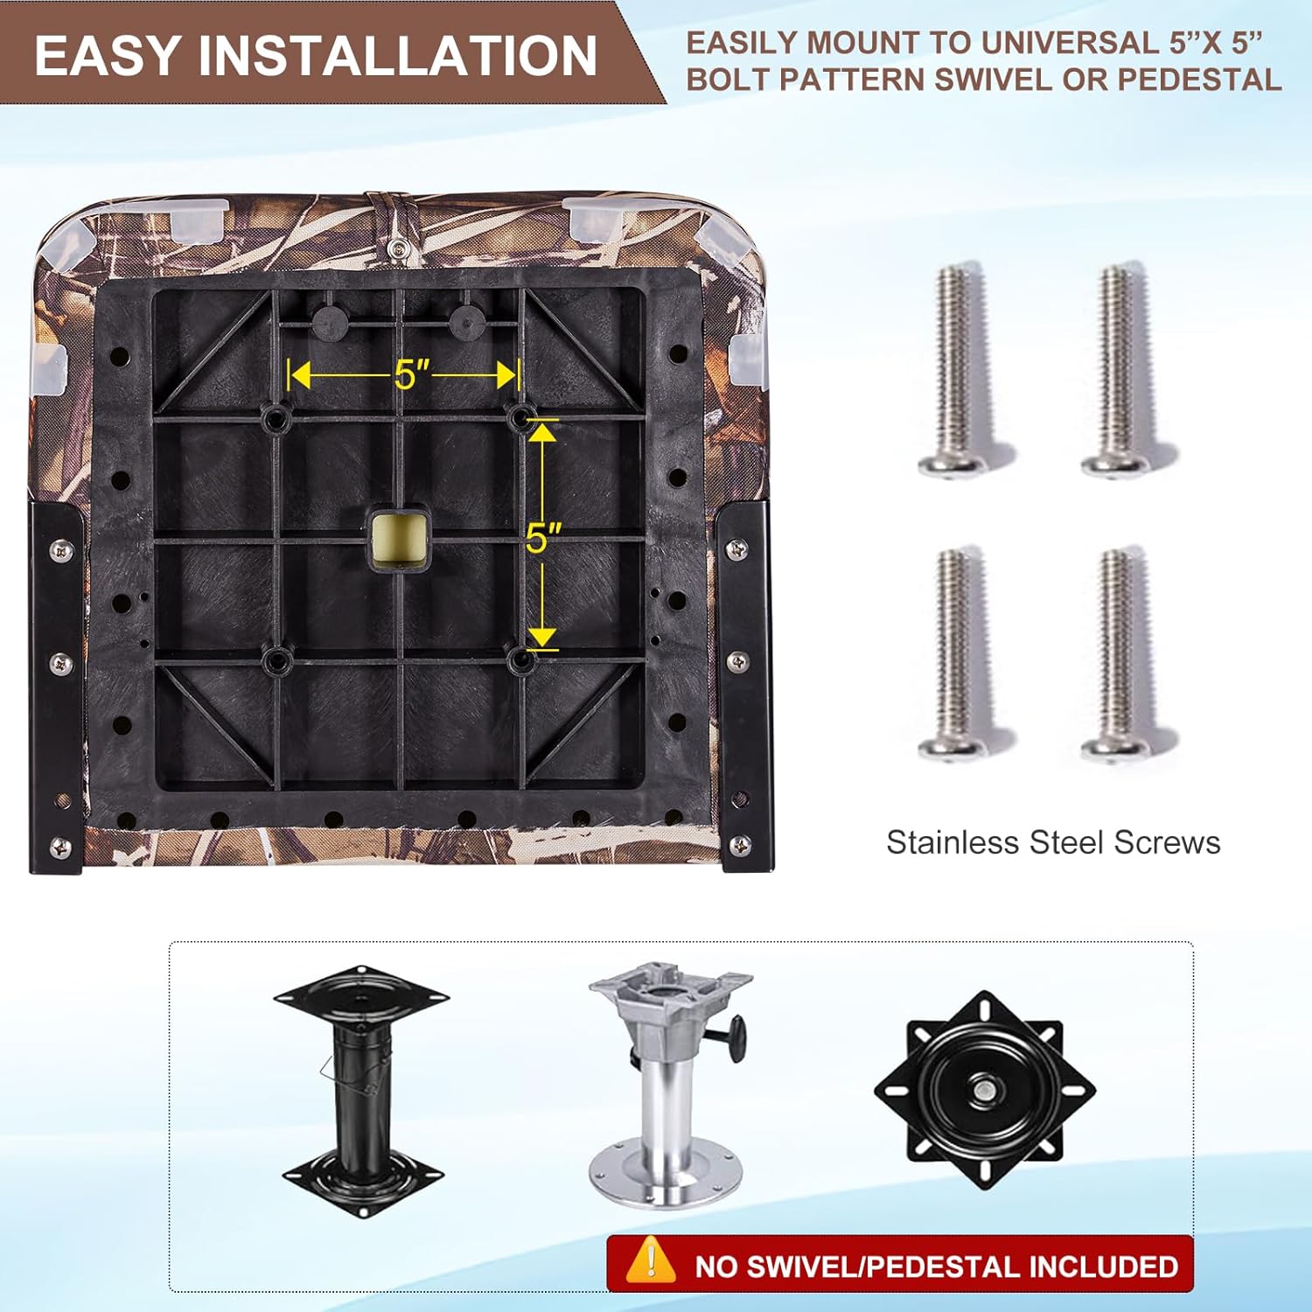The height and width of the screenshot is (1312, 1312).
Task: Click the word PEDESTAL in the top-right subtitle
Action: (1200, 80)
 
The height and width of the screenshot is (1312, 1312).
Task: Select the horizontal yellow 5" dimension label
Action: (412, 375)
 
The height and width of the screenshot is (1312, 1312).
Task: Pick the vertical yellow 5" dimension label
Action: (543, 537)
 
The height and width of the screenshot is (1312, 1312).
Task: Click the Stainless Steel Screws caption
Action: (1053, 842)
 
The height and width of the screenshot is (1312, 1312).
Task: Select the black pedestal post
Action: (361, 1091)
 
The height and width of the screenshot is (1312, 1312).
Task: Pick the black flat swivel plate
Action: (985, 1090)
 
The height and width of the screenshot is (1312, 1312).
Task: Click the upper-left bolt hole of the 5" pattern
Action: (278, 417)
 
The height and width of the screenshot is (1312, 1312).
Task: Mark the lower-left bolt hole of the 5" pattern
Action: (278, 660)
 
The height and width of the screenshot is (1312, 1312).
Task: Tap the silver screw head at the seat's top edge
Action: (398, 250)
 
